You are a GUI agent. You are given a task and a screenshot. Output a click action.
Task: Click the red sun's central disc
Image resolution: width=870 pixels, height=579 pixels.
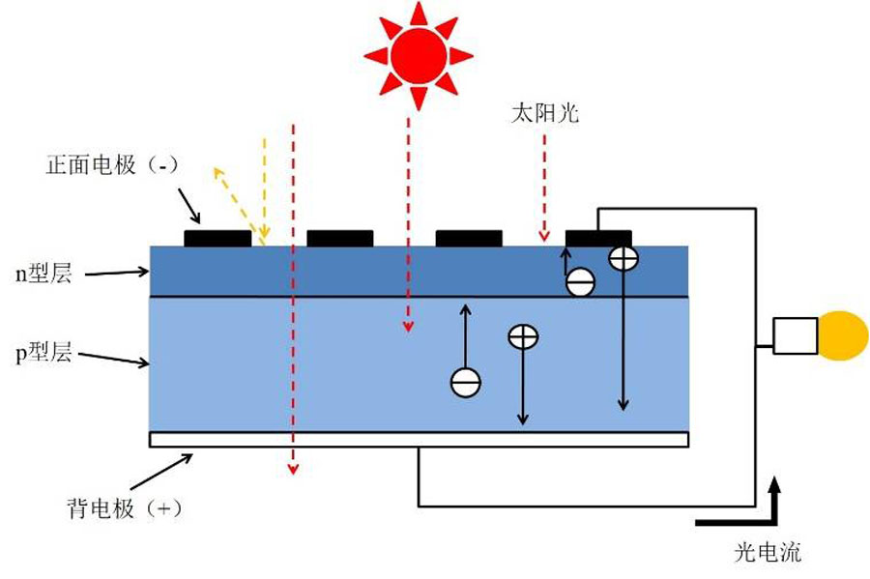pyautogui.click(x=419, y=56)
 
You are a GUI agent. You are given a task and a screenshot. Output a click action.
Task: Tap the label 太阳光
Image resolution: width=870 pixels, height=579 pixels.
pyautogui.click(x=545, y=113)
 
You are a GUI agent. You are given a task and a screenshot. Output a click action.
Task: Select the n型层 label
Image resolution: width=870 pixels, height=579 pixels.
pyautogui.click(x=43, y=274)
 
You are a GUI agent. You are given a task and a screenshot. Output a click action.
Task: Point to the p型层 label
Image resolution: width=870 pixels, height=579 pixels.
pyautogui.click(x=43, y=353)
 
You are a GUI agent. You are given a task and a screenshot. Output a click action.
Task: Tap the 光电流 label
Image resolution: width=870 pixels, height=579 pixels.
pyautogui.click(x=768, y=552)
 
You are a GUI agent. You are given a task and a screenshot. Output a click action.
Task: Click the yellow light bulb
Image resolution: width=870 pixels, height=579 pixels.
pyautogui.click(x=842, y=335)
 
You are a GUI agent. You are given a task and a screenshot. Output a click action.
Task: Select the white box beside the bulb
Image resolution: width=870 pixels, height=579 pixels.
pyautogui.click(x=796, y=335)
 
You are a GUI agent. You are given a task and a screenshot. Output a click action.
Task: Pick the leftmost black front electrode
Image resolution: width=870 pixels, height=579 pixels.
pyautogui.click(x=217, y=239)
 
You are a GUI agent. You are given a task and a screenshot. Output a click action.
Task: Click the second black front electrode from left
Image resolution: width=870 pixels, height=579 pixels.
pyautogui.click(x=340, y=239)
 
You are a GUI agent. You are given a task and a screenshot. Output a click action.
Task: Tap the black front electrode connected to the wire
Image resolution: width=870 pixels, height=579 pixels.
pyautogui.click(x=598, y=239)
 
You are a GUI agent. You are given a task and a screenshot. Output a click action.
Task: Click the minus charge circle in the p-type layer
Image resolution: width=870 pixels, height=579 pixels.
pyautogui.click(x=466, y=383)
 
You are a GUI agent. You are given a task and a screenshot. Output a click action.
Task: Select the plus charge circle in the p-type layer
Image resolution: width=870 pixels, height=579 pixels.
pyautogui.click(x=523, y=336)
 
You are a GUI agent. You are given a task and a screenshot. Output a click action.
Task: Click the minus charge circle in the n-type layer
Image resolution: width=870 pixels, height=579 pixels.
pyautogui.click(x=580, y=282)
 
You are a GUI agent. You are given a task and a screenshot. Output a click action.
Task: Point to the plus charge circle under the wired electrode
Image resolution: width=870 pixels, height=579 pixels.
pyautogui.click(x=623, y=258)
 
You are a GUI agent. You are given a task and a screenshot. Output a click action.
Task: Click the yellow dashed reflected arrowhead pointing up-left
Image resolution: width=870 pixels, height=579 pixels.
pyautogui.click(x=218, y=172)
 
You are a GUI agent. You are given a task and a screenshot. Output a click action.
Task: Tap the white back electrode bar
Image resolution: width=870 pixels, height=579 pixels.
pyautogui.click(x=419, y=439)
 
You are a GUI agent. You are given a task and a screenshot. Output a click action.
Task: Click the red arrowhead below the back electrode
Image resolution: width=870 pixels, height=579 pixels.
pyautogui.click(x=293, y=469)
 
